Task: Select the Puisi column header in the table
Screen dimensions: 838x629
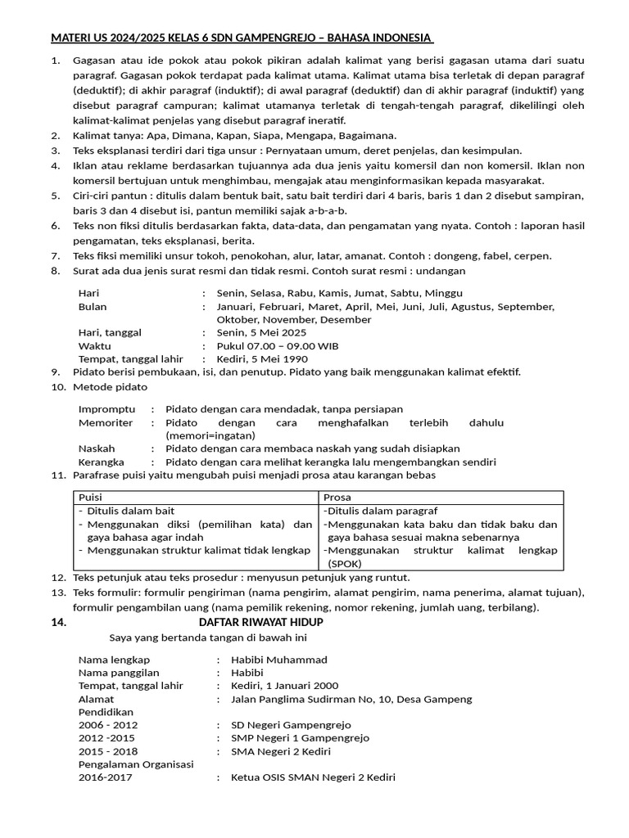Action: click(x=90, y=497)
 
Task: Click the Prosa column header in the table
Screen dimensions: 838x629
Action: click(x=337, y=497)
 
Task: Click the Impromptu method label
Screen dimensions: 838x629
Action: click(x=107, y=408)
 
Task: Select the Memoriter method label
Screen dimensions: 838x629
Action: click(x=106, y=422)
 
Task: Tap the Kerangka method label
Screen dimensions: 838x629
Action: click(x=102, y=462)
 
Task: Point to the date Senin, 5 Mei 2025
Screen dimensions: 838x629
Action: click(x=261, y=332)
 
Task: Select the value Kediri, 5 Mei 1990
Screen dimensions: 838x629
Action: click(x=262, y=358)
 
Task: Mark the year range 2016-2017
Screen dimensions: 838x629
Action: click(x=105, y=777)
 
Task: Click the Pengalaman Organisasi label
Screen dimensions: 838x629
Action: click(x=136, y=764)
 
